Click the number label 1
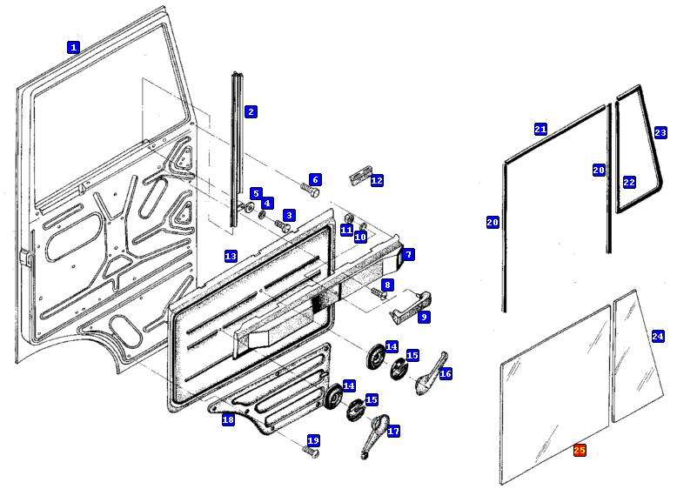(74, 48)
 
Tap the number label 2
(251, 111)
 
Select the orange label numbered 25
(580, 450)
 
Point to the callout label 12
(377, 180)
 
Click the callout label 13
(231, 256)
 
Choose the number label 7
(408, 254)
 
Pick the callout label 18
(228, 419)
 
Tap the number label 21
(540, 129)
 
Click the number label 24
(658, 336)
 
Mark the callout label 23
(660, 132)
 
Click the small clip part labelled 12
(357, 178)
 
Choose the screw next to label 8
(378, 294)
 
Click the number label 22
(629, 183)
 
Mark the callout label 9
(424, 318)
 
